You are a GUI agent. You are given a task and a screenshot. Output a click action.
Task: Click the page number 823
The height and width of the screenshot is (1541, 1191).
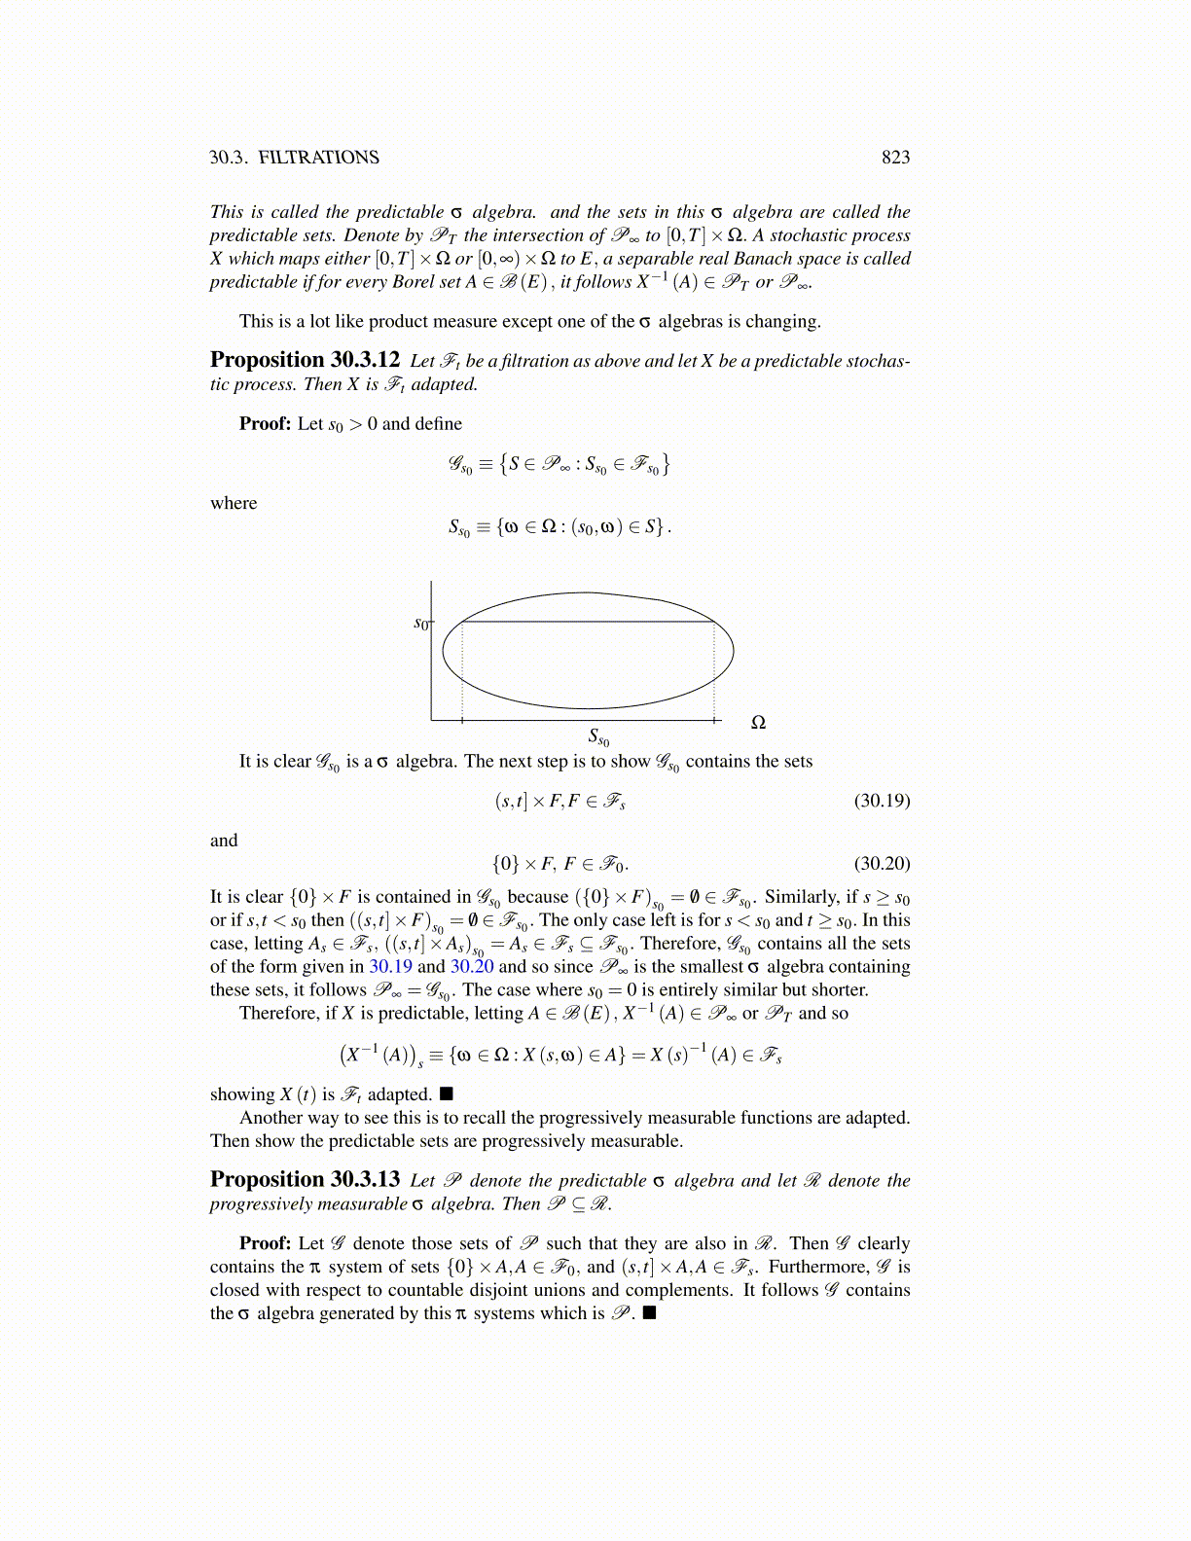(x=895, y=158)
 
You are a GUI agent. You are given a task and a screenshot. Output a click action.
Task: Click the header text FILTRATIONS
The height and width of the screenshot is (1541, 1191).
(x=318, y=158)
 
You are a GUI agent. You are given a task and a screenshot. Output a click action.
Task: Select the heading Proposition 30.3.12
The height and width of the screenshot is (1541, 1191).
(x=305, y=360)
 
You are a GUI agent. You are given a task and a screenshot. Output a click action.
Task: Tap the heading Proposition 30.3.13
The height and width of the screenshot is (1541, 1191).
(x=305, y=1179)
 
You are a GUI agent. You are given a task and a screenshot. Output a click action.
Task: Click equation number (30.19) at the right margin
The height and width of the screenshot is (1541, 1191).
(x=882, y=801)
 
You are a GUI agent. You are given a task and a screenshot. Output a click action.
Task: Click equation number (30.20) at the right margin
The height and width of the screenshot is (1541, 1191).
(x=882, y=863)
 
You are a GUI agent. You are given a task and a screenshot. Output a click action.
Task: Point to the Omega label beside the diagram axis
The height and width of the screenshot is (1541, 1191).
(x=759, y=723)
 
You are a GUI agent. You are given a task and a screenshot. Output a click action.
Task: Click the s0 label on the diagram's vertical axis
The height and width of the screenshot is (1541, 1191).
(x=421, y=623)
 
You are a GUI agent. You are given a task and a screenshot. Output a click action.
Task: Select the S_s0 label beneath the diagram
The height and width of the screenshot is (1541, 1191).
(x=598, y=738)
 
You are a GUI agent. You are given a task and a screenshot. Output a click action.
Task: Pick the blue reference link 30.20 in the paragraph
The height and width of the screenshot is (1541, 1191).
(x=472, y=967)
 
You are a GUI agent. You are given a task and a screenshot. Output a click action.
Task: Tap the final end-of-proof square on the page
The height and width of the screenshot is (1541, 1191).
(x=650, y=1313)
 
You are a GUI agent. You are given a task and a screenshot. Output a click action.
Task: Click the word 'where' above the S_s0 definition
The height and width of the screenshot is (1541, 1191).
(x=234, y=503)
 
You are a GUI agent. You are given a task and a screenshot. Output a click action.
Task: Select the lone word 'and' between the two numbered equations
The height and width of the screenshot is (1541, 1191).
(x=224, y=841)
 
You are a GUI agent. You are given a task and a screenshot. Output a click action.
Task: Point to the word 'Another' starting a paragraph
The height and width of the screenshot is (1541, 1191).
(x=271, y=1118)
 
